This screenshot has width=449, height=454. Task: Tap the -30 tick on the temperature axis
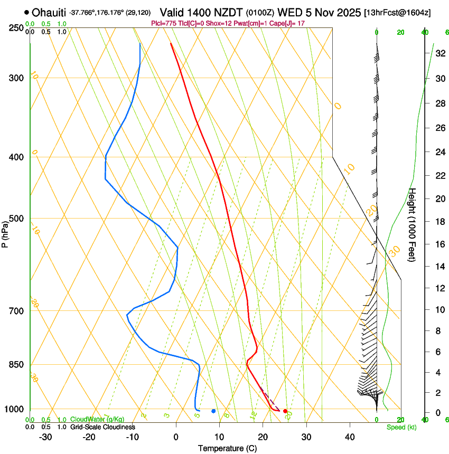click(x=45, y=437)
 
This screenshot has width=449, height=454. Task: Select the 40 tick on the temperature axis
click(x=349, y=437)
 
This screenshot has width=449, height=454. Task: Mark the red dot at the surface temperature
click(x=285, y=411)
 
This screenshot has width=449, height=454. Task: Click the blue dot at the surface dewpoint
click(x=213, y=411)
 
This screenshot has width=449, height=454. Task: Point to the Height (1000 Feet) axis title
click(x=413, y=225)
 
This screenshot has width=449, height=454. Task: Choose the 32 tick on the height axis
click(x=439, y=53)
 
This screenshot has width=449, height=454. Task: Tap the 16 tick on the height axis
click(x=439, y=244)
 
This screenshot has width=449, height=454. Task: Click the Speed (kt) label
click(x=401, y=427)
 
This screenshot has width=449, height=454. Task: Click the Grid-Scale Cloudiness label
click(x=102, y=427)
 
